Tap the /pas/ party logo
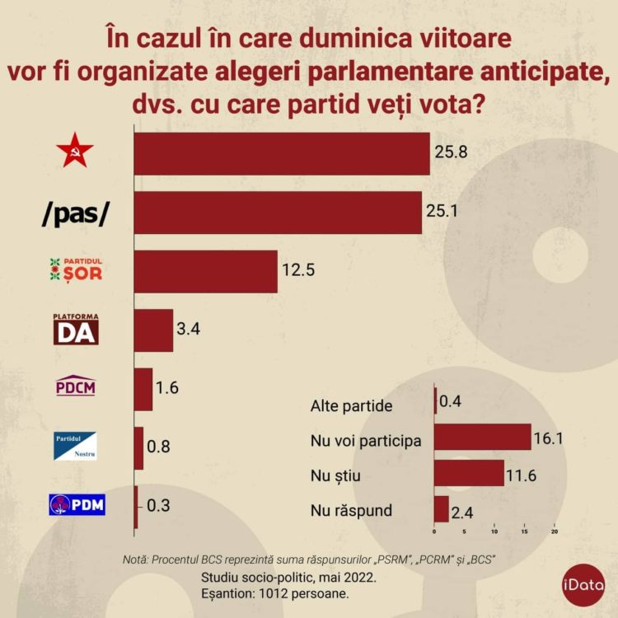pos(75,213)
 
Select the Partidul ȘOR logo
pos(77,269)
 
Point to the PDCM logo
pos(75,385)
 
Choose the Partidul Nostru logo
pos(75,446)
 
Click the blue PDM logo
pos(77,503)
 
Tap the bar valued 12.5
pos(205,271)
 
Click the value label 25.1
pos(442,211)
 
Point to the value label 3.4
pos(189,329)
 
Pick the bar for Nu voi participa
pos(482,438)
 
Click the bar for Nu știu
pos(468,473)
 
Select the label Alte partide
pos(352,405)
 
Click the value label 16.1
pos(548,438)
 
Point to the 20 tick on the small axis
pos(554,531)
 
